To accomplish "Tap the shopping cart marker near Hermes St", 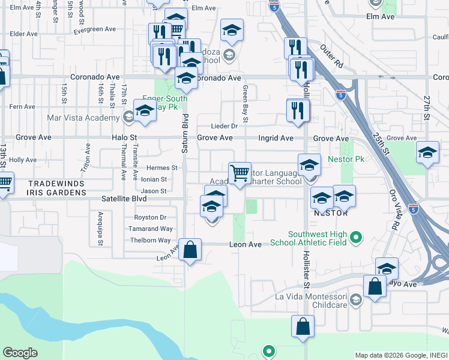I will pos(240,173).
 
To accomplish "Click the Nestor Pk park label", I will pos(346,160).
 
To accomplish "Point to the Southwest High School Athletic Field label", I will pos(309,238).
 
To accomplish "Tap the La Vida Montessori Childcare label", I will pos(311,301).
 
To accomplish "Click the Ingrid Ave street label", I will pos(276,138).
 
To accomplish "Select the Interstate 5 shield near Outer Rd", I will pos(340,94).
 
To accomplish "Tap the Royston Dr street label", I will pos(150,217).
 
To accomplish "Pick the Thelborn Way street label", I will pos(150,240).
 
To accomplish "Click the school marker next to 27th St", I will pos(427,152).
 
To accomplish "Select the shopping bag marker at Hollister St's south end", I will pos(303,326).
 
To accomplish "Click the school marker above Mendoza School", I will pos(232,30).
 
